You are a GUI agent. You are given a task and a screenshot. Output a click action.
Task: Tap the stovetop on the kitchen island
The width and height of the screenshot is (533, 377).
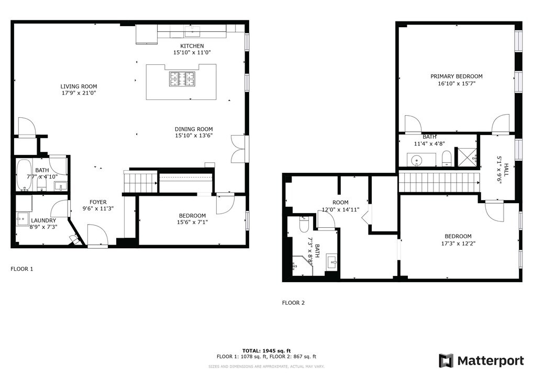tap(181, 79)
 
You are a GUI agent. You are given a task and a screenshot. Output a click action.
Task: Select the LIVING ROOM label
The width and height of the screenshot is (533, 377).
tap(79, 86)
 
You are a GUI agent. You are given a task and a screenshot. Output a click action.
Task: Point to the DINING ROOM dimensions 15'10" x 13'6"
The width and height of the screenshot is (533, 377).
tap(194, 136)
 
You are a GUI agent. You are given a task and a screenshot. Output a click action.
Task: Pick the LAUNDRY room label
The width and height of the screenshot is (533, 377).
tap(43, 220)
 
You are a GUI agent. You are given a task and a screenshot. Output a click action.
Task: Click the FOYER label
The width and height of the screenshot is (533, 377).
tap(98, 202)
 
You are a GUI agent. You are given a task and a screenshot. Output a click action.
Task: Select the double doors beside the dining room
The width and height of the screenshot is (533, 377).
tap(238, 148)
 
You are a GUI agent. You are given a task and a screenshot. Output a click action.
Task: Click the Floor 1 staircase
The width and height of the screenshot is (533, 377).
tap(140, 182)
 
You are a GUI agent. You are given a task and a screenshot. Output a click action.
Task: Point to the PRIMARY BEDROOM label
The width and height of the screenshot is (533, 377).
tap(457, 76)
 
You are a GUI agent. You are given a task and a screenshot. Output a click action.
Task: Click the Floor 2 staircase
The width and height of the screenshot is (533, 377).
tap(439, 182)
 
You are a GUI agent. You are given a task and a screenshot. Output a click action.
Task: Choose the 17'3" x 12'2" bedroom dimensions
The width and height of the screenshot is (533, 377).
tap(458, 243)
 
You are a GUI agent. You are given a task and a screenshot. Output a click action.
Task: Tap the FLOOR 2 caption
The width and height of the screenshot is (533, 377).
tap(293, 303)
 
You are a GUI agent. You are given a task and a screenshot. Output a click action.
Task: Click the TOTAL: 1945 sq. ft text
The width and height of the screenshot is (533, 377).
tap(266, 350)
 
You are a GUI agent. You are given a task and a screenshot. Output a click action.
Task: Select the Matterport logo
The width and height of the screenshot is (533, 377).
tap(481, 360)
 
